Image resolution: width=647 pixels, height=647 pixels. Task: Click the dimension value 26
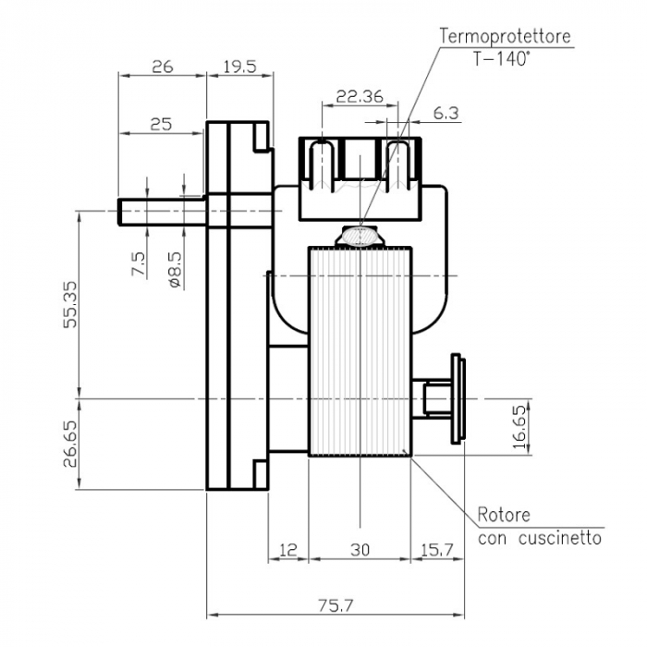click(x=162, y=67)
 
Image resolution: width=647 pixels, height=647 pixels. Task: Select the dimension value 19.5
click(x=239, y=67)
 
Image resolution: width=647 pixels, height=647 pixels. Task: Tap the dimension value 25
click(x=161, y=123)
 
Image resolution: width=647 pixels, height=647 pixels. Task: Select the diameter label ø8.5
click(x=175, y=269)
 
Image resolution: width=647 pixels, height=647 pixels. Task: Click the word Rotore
click(x=504, y=515)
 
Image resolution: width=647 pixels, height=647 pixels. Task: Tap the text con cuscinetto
click(x=540, y=537)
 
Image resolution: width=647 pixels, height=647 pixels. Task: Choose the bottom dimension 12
click(x=288, y=550)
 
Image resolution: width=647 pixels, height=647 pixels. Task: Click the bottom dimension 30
click(x=360, y=550)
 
